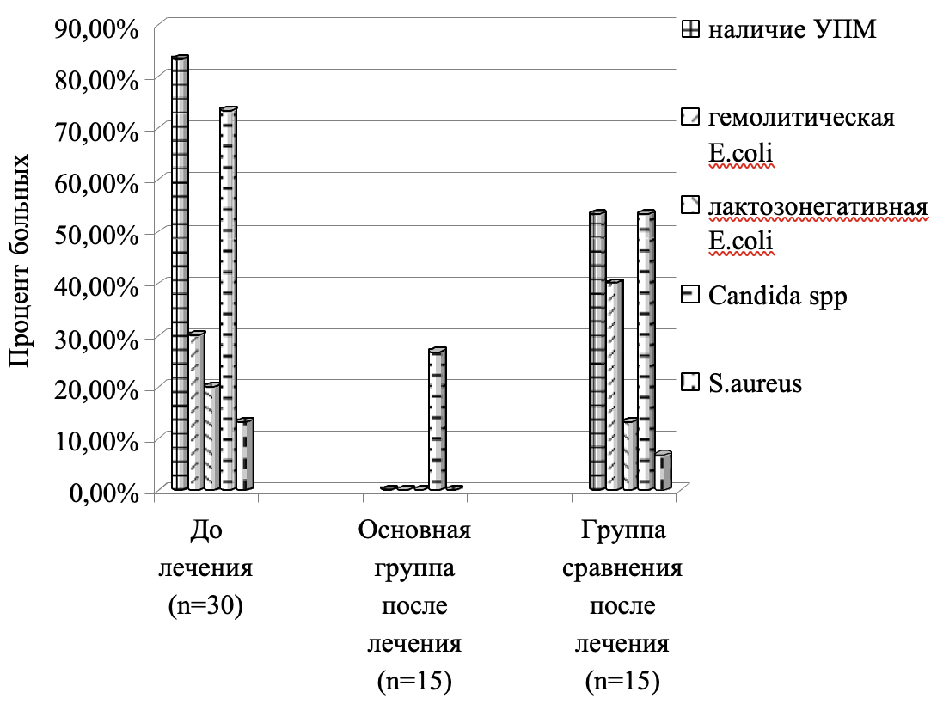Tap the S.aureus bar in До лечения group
pos(245,456)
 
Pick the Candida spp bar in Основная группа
pos(437,420)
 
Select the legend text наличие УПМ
pos(792,30)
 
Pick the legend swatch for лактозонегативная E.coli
pos(689,205)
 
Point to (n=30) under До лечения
pos(206,604)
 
